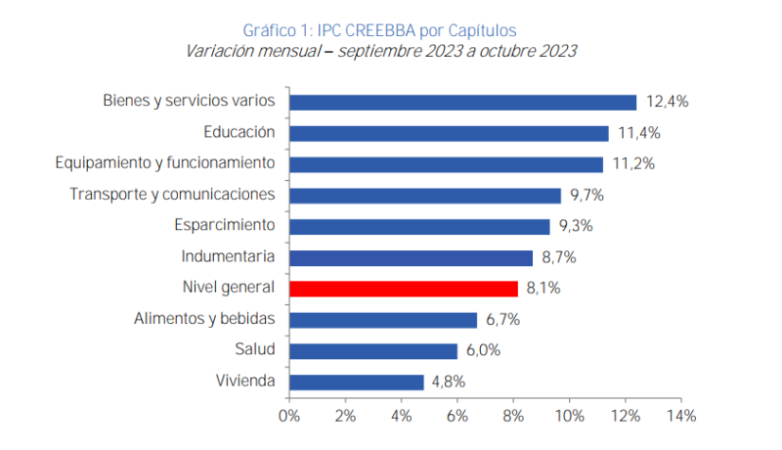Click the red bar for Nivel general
(404, 289)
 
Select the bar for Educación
(449, 133)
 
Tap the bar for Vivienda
(357, 382)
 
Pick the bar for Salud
(373, 350)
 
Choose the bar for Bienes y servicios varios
(463, 102)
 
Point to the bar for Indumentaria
(412, 257)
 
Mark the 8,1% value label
(544, 289)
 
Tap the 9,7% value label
(588, 196)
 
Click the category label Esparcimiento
(225, 226)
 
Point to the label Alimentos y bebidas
(204, 319)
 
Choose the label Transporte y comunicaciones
(172, 195)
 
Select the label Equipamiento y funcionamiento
(164, 163)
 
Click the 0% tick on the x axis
(289, 416)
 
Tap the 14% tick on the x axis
(681, 416)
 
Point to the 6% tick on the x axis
(457, 416)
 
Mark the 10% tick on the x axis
(569, 416)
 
